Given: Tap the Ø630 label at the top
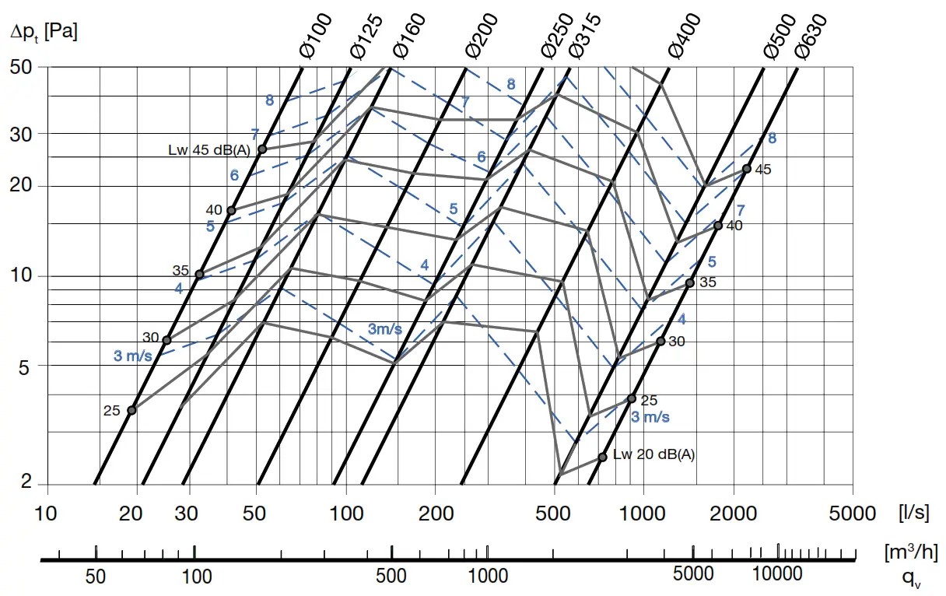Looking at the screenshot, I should pos(811,36).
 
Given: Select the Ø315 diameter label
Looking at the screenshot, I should pos(584,36).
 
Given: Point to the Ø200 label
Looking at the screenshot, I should pos(482,36).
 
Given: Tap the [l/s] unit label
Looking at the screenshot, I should pos(913,513).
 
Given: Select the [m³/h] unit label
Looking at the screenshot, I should pos(910,552).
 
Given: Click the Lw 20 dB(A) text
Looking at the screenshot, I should pos(653,455).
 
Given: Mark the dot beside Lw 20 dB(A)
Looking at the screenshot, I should pos(602,458).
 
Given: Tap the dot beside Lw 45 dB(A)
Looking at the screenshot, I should pos(262,149).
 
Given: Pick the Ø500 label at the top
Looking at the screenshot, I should pos(780,36).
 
